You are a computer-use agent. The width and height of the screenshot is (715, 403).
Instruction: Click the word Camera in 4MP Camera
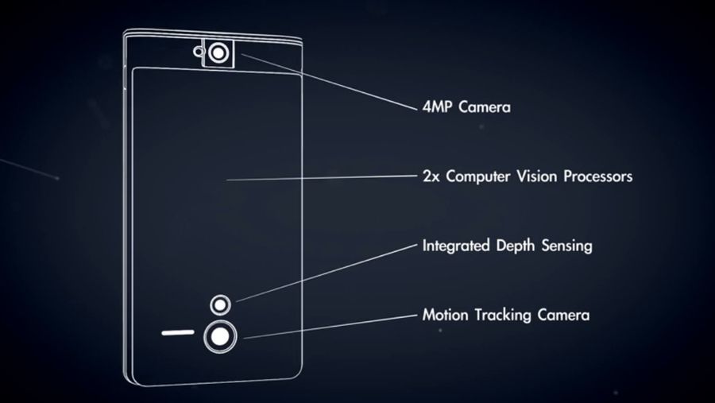coord(485,107)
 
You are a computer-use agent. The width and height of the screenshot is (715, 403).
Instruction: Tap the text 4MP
coord(437,107)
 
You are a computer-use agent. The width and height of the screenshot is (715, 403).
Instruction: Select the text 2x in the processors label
coord(431,176)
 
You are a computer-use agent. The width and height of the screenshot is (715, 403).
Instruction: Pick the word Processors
coord(597,176)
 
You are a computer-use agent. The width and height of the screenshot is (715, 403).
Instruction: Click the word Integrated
coord(456,246)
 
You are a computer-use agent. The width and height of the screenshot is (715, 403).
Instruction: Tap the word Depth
coord(516,246)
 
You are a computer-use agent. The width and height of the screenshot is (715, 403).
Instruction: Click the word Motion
coord(445,315)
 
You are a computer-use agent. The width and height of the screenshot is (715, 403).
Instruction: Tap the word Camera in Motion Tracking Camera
coord(563,315)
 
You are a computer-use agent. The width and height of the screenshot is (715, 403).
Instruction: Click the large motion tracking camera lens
coord(220,337)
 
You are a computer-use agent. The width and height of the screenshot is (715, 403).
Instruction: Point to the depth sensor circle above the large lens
coord(220,304)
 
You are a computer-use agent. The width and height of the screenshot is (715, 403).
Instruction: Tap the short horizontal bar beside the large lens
coord(178,333)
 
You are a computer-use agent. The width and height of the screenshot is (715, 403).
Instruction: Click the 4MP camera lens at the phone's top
coord(218,53)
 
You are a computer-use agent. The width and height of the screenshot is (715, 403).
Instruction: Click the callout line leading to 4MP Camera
coord(329,82)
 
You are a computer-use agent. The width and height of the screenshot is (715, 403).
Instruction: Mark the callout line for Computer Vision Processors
coord(322,177)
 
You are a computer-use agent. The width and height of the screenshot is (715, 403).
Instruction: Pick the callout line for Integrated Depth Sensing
coord(327,273)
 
